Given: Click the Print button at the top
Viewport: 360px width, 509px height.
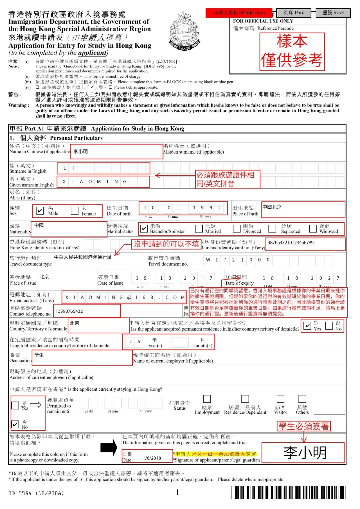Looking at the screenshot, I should [x=294, y=13].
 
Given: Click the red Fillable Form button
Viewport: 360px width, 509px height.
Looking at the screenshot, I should [x=239, y=13].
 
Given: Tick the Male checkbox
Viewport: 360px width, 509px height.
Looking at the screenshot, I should [x=40, y=211].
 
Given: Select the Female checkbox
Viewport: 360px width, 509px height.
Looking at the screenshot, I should [x=75, y=211].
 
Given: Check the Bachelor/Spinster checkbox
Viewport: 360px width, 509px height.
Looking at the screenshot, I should [x=144, y=229].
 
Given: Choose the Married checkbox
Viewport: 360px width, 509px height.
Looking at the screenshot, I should [x=199, y=228].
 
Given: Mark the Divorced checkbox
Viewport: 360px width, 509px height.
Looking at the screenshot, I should [x=237, y=228].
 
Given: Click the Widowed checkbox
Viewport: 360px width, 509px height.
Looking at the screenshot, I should [x=313, y=228].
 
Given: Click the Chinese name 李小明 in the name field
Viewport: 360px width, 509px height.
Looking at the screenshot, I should [x=81, y=152].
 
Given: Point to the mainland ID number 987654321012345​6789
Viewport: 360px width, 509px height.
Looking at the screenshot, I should [x=290, y=243].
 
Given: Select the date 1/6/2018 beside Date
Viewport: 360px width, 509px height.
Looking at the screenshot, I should [x=152, y=458].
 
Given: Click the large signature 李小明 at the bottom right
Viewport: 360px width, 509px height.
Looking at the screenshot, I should [x=305, y=453].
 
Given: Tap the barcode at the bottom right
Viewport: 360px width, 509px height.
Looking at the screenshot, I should [x=288, y=492].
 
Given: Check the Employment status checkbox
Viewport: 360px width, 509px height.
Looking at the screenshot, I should [x=207, y=399].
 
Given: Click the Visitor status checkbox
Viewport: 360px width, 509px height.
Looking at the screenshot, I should [x=281, y=399].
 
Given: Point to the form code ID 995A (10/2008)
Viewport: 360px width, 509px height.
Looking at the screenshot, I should [x=36, y=493].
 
